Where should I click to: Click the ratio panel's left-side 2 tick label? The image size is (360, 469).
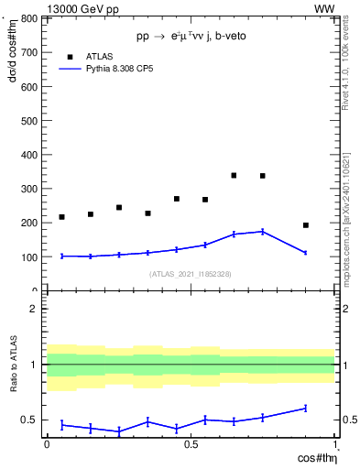32,309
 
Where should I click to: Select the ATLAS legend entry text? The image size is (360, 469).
99,56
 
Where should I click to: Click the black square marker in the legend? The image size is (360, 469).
69,56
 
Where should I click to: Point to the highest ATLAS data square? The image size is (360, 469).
234,175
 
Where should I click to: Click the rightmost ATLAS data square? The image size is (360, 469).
306,225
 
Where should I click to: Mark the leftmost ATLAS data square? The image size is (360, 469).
61,217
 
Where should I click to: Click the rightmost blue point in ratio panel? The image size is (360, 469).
306,408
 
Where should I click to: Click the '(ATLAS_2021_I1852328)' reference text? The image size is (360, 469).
190,274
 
